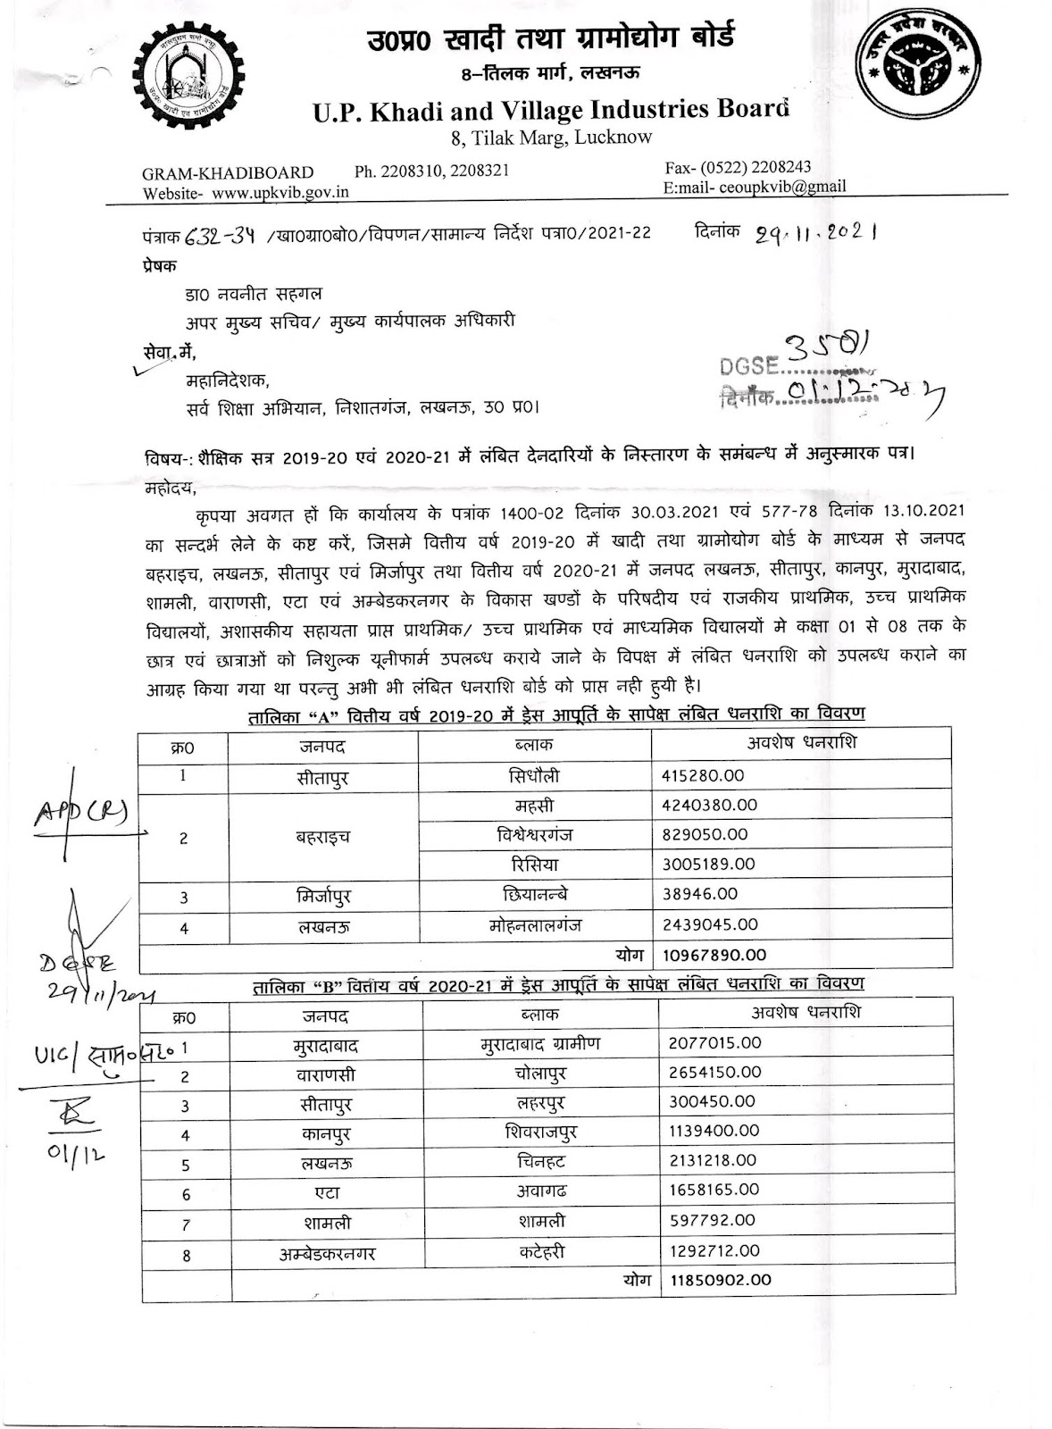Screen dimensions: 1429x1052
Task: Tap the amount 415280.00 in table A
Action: tap(703, 776)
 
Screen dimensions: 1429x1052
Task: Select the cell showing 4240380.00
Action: tap(709, 805)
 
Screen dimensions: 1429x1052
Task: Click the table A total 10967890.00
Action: tap(714, 955)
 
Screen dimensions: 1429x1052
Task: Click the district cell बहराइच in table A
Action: tap(322, 837)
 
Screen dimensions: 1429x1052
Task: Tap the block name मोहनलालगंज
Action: tap(535, 925)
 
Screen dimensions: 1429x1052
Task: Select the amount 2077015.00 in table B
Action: tap(714, 1043)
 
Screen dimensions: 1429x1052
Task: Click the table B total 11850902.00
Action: tap(719, 1280)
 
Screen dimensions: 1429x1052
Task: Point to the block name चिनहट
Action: tap(540, 1162)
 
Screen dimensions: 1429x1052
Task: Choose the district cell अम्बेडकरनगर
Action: tap(327, 1254)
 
